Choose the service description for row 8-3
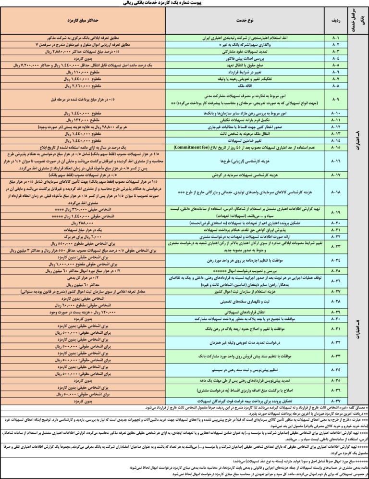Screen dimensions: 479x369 point(248,51)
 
